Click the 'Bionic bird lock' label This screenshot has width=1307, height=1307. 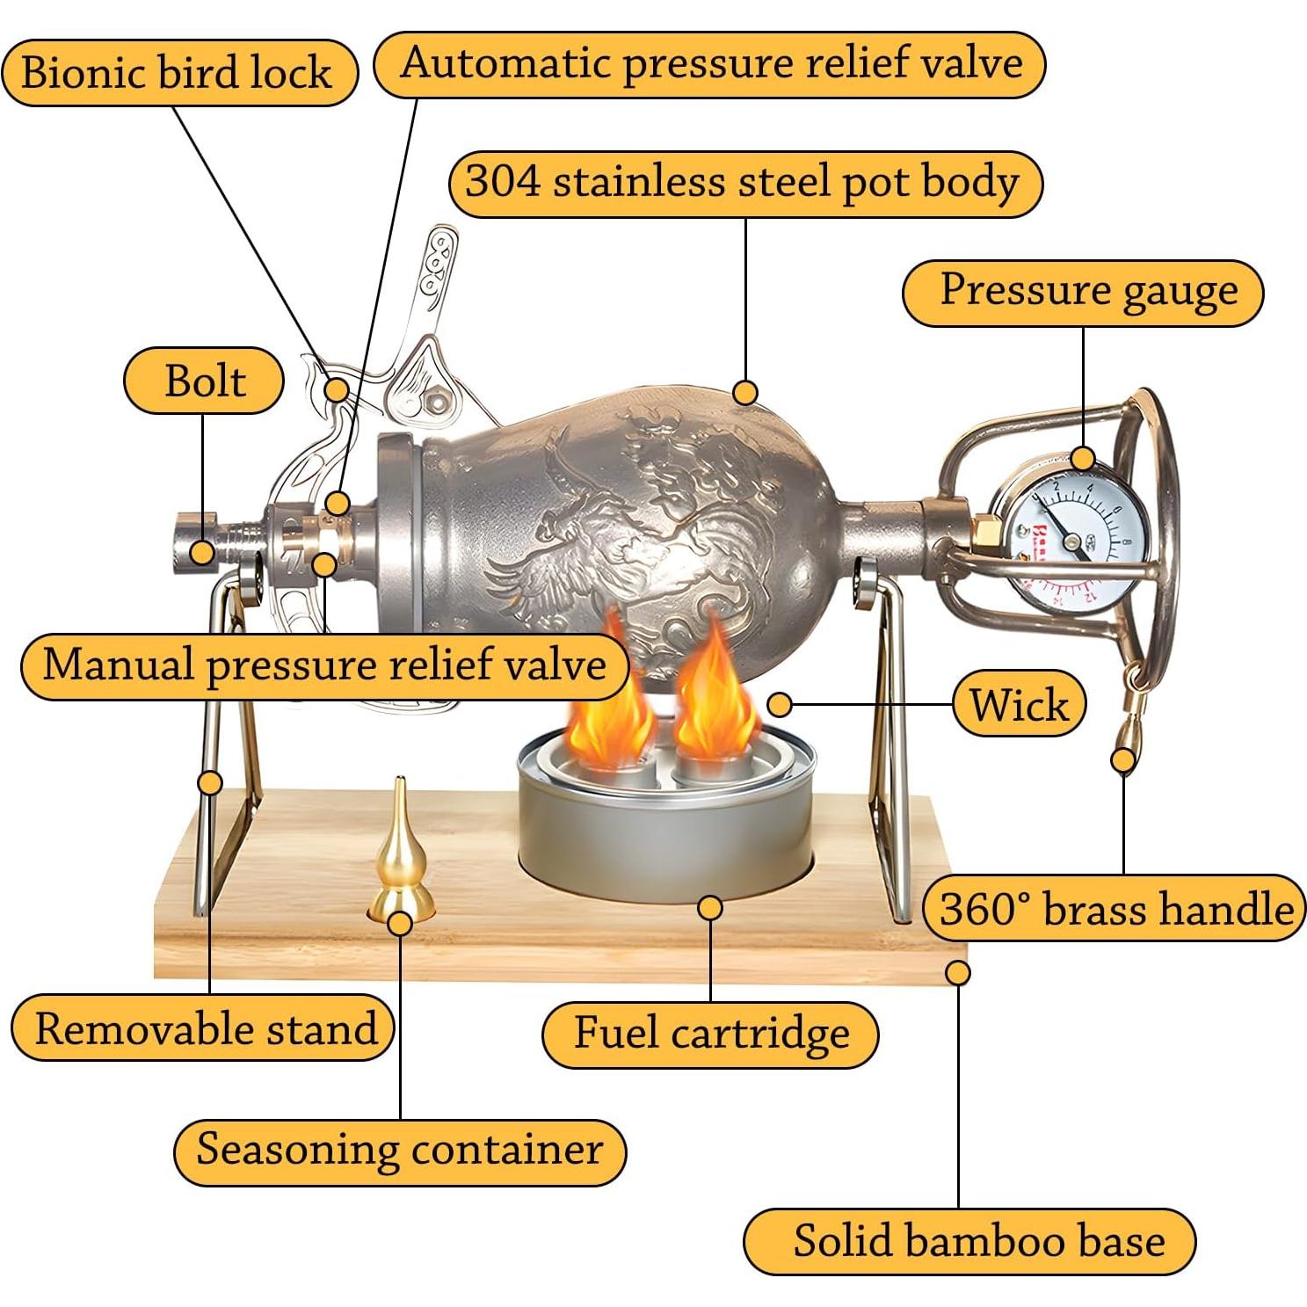point(178,72)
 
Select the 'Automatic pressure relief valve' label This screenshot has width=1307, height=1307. point(710,63)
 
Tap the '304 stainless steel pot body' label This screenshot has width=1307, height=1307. point(744,184)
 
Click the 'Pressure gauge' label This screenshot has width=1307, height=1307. point(1082,292)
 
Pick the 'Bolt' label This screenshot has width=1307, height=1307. point(204,381)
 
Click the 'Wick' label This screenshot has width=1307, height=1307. point(1019,704)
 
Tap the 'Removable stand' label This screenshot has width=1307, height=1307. point(204,1027)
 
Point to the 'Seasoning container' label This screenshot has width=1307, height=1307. point(400,1150)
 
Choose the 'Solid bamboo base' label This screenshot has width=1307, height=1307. point(970,1241)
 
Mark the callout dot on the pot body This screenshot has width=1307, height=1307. point(745,392)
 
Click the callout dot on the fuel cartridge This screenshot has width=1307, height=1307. point(710,908)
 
